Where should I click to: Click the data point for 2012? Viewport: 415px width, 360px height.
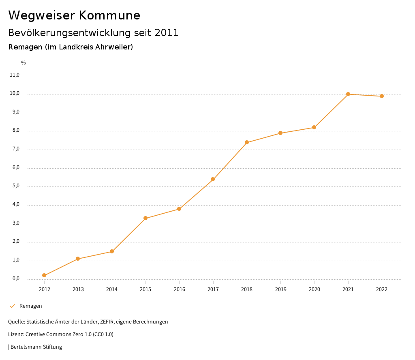coord(44,276)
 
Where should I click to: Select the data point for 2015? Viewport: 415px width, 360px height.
coord(145,219)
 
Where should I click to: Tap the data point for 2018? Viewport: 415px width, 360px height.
coord(247,143)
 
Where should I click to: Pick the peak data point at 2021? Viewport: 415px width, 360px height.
coord(348,94)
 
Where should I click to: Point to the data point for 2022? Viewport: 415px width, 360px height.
coord(382,96)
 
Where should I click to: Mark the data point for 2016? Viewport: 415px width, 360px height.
coord(179,209)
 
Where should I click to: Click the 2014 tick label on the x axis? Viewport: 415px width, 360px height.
coord(112,289)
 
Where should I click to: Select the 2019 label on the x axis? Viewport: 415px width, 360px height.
coord(280,289)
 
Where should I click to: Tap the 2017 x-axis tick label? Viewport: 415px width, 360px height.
coord(213,289)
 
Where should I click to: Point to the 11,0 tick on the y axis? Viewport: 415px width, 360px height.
coord(15,75)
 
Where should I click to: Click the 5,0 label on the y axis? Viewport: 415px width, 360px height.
coord(15,186)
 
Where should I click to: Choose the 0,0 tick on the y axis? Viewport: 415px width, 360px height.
coord(15,279)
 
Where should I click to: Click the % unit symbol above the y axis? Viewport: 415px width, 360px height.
coord(24,63)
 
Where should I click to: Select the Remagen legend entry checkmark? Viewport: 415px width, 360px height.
coord(12,306)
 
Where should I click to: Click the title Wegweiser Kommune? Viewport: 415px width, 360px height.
coord(74,15)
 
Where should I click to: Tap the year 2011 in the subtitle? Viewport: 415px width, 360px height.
coord(167,33)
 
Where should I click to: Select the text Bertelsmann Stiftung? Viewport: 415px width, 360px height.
coord(36,347)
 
